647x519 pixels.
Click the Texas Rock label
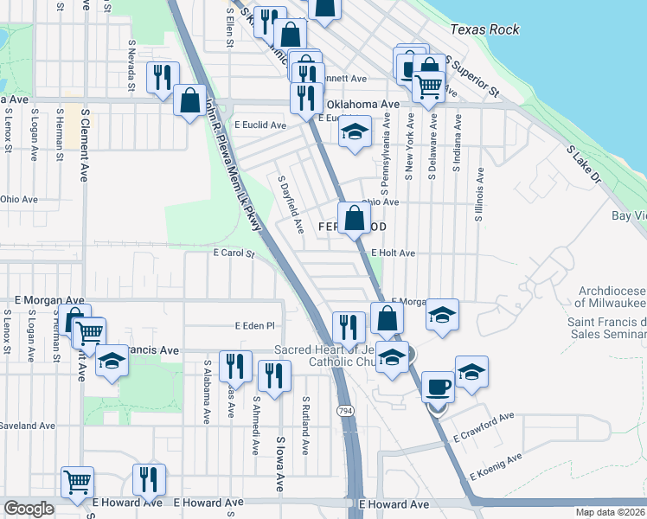pos(484,29)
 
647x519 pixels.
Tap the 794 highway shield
pos(346,410)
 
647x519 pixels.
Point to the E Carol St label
pos(234,254)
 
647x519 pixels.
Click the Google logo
pos(29,509)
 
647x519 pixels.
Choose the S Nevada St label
pos(131,64)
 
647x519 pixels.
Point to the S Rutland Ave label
pos(305,426)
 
